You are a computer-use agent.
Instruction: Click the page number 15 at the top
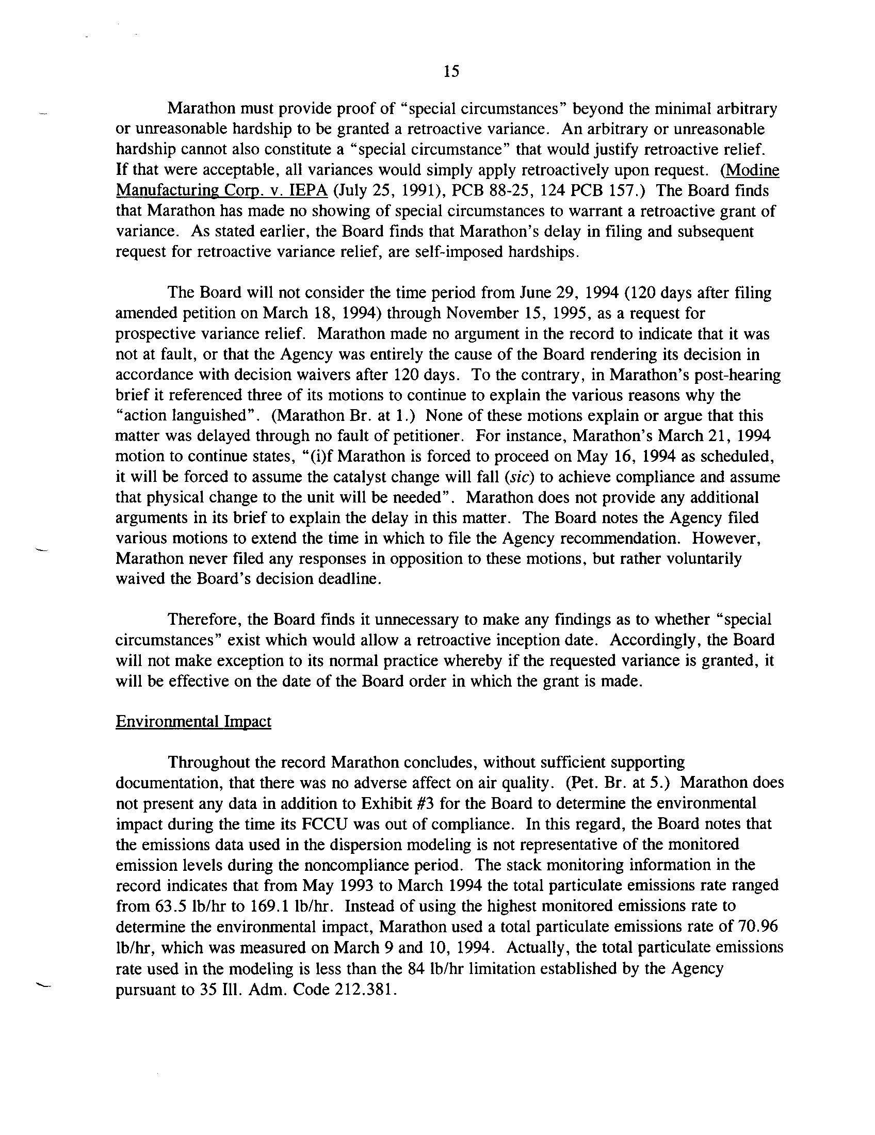coord(451,72)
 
